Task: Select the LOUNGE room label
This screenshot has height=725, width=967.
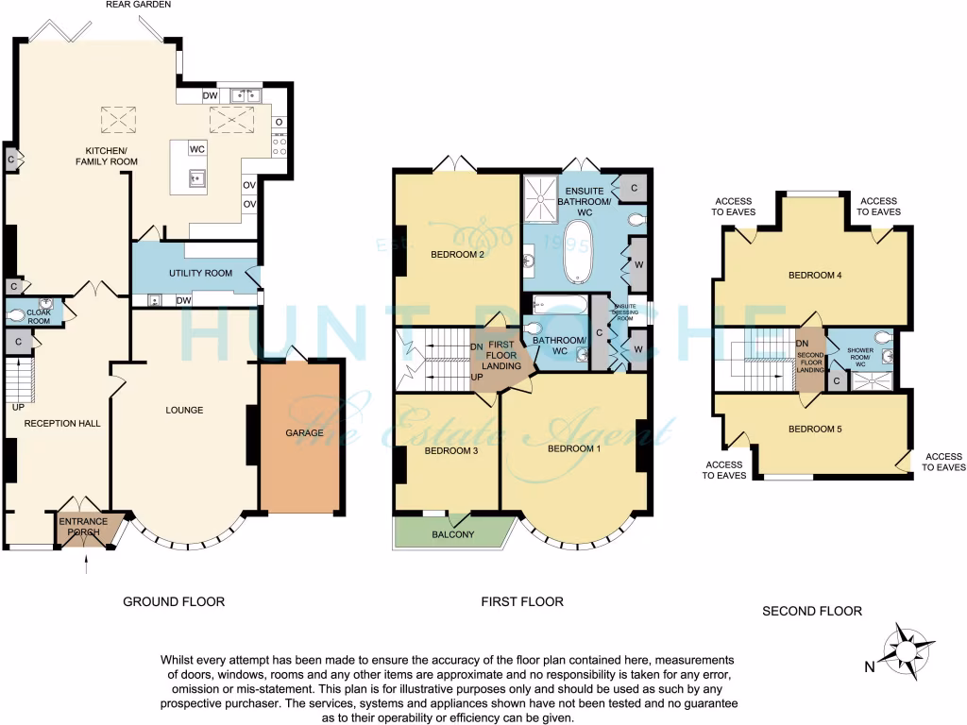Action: [184, 410]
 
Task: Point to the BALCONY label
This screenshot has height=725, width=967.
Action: [453, 534]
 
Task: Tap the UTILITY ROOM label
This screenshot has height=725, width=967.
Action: [200, 273]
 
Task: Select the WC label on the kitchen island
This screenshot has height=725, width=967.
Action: [197, 149]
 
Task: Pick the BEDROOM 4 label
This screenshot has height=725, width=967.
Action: [815, 276]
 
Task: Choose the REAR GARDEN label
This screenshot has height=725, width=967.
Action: [139, 6]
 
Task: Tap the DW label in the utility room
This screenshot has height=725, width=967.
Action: [184, 301]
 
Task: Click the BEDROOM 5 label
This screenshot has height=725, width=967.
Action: [815, 430]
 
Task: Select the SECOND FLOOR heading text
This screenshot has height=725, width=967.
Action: [812, 611]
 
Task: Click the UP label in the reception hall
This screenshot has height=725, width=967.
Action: [17, 408]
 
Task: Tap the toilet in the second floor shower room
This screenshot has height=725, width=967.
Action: [882, 337]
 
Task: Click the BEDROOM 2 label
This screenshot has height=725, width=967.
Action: [457, 254]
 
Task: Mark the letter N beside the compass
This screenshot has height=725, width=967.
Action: [869, 666]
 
